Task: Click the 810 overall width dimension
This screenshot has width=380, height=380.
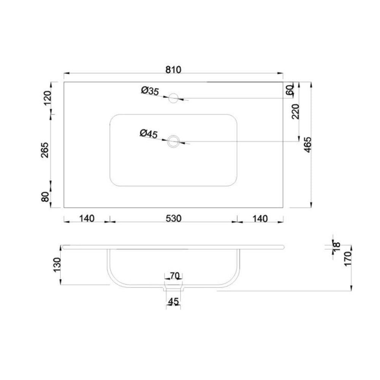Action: click(x=173, y=70)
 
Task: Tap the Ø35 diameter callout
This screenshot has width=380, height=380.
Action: click(x=150, y=91)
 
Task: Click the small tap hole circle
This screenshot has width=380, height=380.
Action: click(x=173, y=98)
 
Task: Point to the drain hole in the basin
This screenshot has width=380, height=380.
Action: click(x=173, y=141)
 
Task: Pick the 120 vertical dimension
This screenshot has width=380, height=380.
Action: click(x=47, y=98)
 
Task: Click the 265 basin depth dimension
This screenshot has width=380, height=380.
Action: click(x=45, y=150)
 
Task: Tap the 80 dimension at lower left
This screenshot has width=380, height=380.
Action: click(x=45, y=196)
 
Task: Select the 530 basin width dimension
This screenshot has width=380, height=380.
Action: click(x=174, y=218)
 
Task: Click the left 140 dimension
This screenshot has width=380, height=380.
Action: click(x=87, y=218)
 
